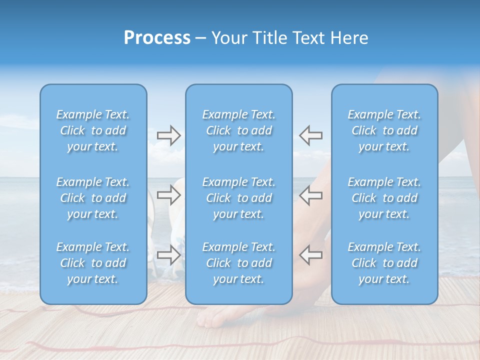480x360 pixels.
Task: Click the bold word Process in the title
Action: click(157, 38)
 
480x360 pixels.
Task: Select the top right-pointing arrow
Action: click(169, 135)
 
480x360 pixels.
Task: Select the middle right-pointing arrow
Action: click(169, 195)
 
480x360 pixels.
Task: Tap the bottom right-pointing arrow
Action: click(169, 255)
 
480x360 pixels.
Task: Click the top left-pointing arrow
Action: click(310, 135)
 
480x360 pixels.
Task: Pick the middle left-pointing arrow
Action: click(310, 195)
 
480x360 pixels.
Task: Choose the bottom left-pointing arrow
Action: click(310, 255)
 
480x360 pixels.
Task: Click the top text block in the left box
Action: click(93, 130)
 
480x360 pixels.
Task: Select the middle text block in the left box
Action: click(93, 198)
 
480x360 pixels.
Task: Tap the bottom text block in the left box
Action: click(93, 263)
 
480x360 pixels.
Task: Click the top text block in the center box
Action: click(239, 130)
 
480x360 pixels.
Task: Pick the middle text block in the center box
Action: click(239, 198)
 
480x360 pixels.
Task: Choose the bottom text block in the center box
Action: click(239, 263)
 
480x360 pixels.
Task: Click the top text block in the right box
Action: click(384, 130)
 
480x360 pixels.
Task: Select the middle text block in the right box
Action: click(384, 198)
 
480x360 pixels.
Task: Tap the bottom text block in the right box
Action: click(384, 263)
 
